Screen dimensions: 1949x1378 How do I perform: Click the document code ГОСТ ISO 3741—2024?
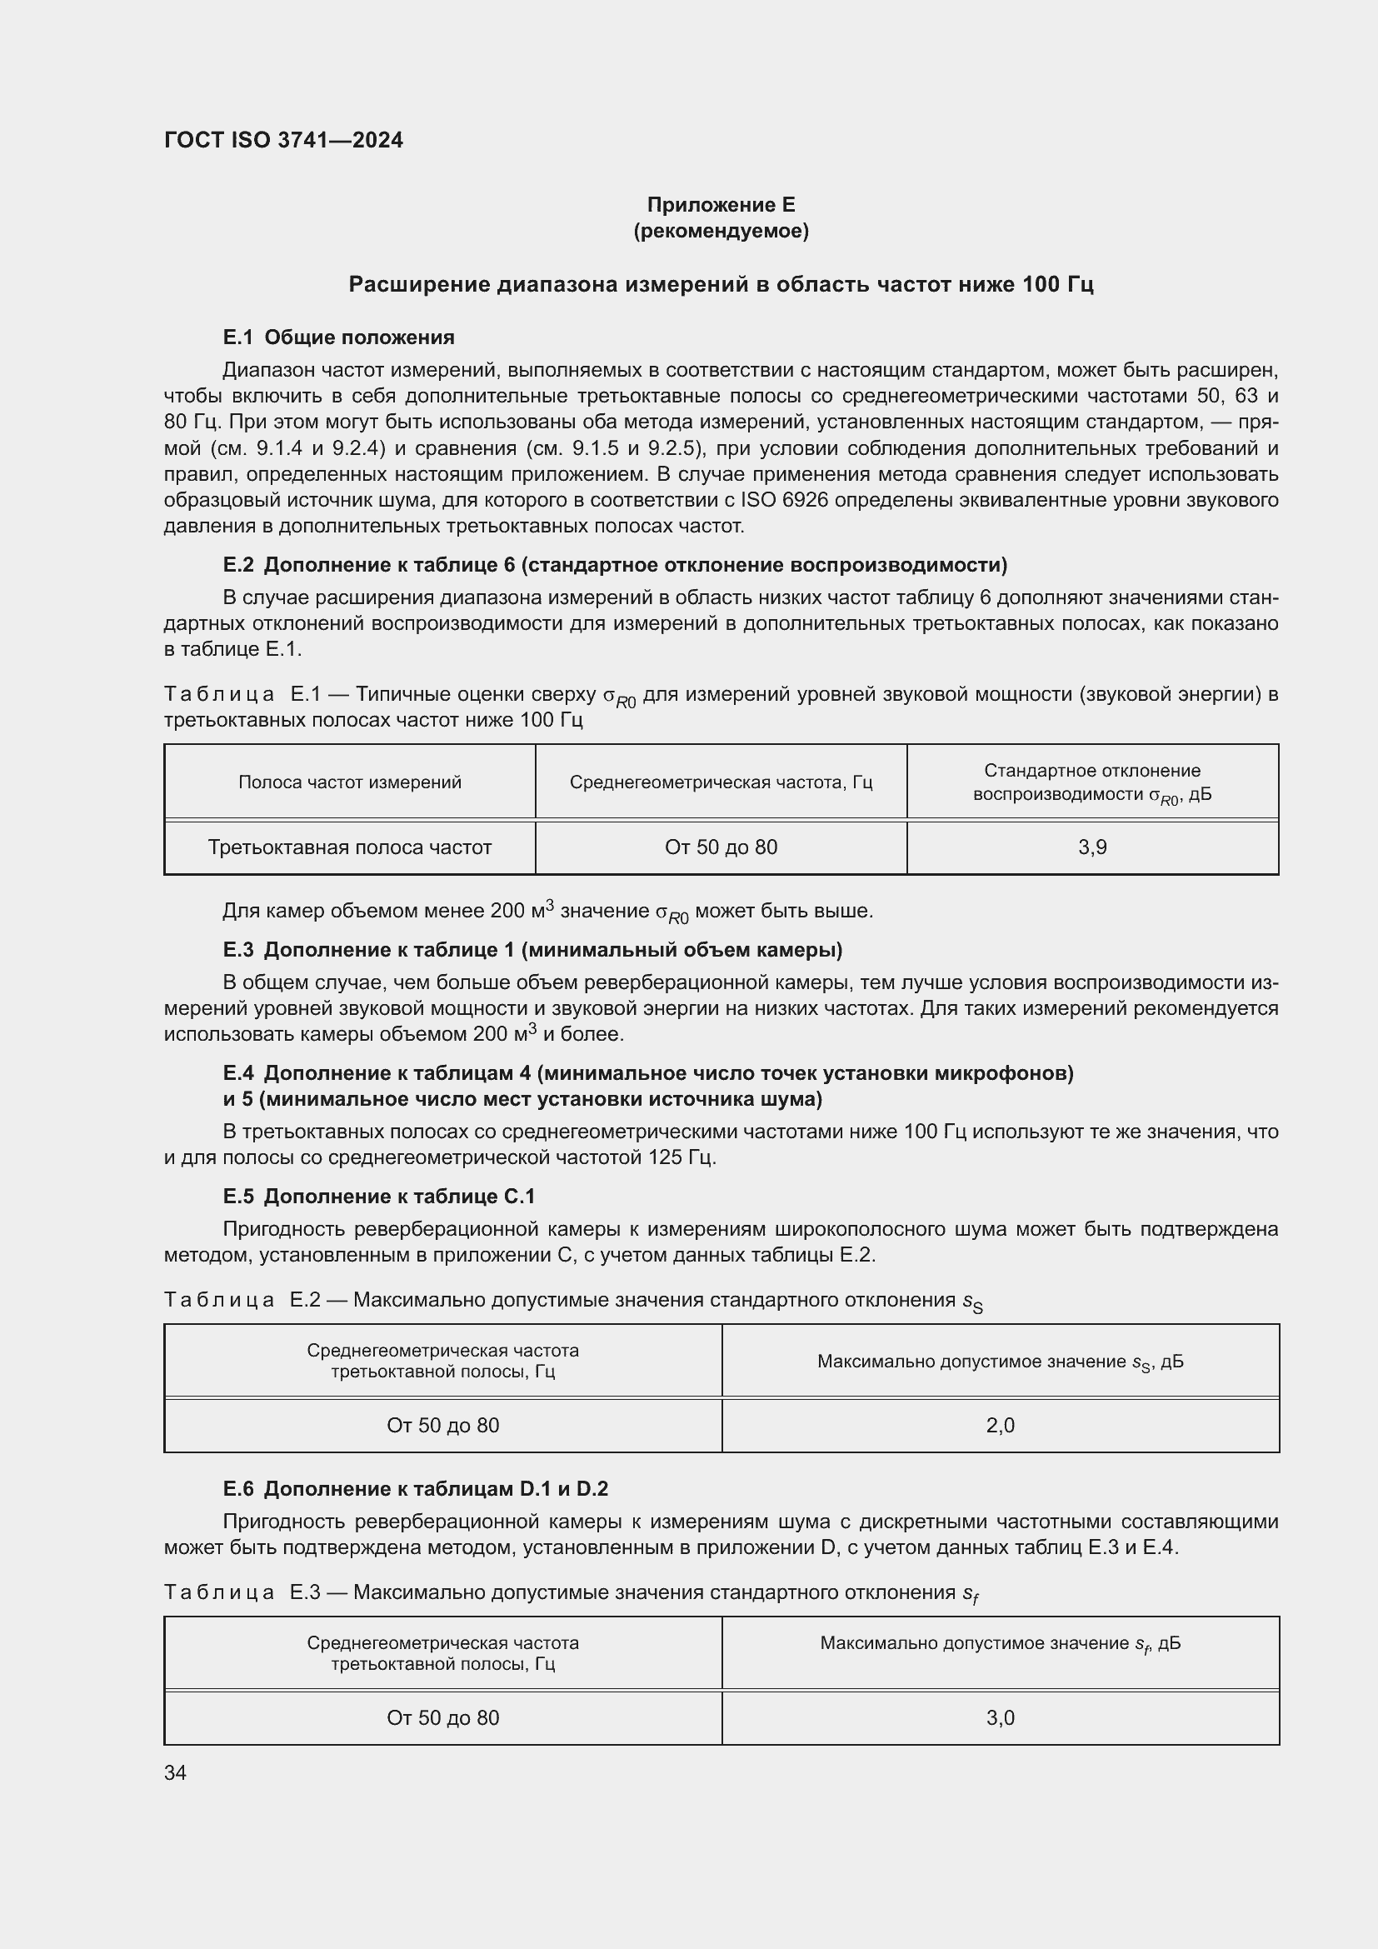click(283, 141)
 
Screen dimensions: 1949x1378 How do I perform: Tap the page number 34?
click(175, 1772)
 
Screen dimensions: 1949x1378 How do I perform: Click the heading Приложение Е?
click(721, 205)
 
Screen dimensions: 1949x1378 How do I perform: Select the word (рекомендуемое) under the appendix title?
click(721, 231)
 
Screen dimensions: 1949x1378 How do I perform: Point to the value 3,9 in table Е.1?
click(1092, 847)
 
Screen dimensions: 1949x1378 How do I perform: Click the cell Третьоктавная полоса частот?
click(350, 847)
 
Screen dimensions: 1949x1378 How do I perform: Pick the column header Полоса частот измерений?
click(350, 782)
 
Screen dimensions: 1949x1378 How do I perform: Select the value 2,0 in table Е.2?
click(1001, 1425)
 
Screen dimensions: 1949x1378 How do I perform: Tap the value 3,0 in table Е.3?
click(1001, 1718)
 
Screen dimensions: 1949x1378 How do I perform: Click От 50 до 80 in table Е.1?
click(721, 847)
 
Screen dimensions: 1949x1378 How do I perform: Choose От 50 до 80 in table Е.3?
click(443, 1718)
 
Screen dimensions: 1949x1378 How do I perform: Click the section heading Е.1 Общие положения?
click(338, 337)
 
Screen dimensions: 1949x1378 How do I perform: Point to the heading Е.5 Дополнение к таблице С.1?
click(378, 1196)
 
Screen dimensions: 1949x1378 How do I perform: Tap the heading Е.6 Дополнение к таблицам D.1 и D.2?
click(415, 1488)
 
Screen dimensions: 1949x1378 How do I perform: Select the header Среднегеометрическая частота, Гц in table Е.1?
click(721, 782)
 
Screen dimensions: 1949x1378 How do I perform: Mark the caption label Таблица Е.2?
click(242, 1300)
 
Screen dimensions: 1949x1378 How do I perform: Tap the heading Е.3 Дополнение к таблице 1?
click(532, 949)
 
